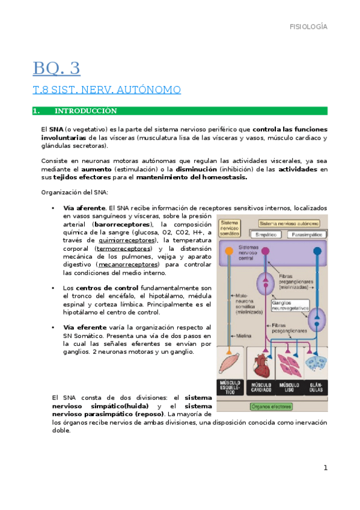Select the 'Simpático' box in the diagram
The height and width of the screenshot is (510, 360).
click(x=268, y=235)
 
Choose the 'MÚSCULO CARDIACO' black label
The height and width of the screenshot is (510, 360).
click(x=261, y=387)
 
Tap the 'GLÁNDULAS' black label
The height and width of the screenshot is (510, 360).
click(x=315, y=387)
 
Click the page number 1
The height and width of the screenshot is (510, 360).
click(x=325, y=468)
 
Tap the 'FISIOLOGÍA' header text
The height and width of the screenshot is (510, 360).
click(x=308, y=27)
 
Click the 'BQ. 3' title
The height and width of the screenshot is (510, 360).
click(x=56, y=68)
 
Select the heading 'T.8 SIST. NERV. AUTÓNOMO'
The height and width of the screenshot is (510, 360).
click(x=106, y=90)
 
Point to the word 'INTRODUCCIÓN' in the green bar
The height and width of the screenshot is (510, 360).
click(x=85, y=111)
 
